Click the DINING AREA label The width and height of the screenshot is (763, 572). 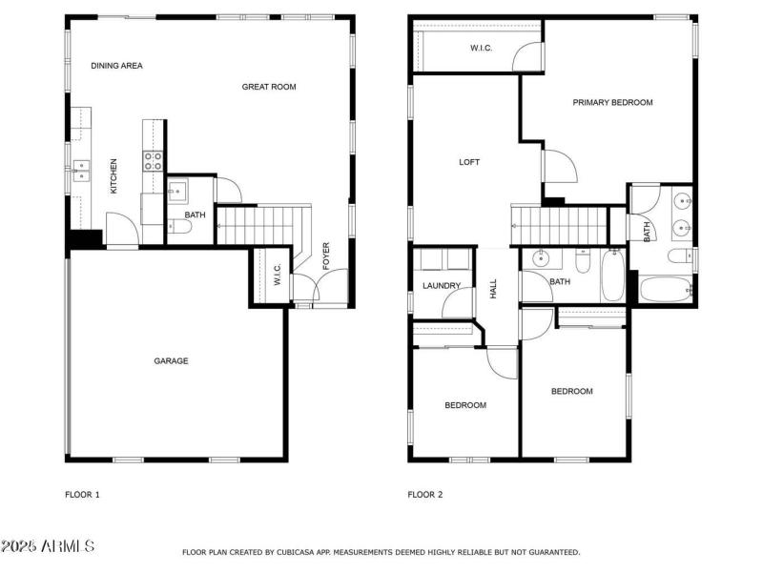[x=116, y=66]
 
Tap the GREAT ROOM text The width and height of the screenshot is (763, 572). [x=269, y=87]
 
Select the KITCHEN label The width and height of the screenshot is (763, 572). [x=113, y=176]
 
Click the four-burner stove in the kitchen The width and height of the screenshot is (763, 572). [x=154, y=160]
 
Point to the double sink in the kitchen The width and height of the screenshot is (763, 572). [x=82, y=171]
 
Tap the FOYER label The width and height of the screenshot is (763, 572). [x=326, y=256]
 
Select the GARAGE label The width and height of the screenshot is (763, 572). [x=172, y=361]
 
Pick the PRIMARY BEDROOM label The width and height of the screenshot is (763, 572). [x=612, y=102]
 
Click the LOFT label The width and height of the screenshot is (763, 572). [x=469, y=162]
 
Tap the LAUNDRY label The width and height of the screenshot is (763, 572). [x=442, y=286]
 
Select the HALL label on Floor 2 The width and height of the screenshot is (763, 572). [x=494, y=289]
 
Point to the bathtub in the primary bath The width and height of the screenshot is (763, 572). [x=664, y=288]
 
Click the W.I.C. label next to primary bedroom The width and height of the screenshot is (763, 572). [x=481, y=49]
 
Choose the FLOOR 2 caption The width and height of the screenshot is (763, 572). [x=425, y=495]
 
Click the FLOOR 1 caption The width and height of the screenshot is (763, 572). [x=82, y=495]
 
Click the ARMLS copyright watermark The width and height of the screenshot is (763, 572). [x=48, y=546]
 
